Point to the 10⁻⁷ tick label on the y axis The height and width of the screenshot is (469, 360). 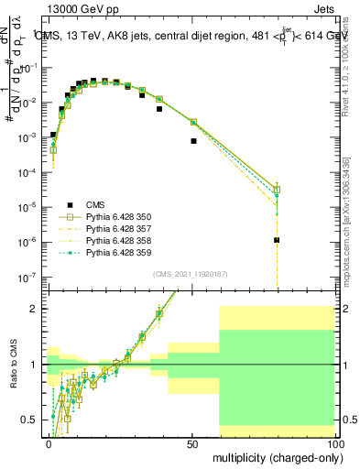tap(29, 276)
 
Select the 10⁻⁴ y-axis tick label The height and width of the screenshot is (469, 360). tap(29, 172)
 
